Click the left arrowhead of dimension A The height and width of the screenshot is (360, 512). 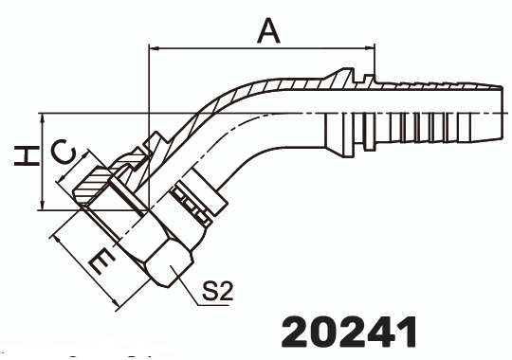pyautogui.click(x=154, y=46)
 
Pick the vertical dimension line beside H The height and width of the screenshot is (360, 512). pyautogui.click(x=43, y=161)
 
